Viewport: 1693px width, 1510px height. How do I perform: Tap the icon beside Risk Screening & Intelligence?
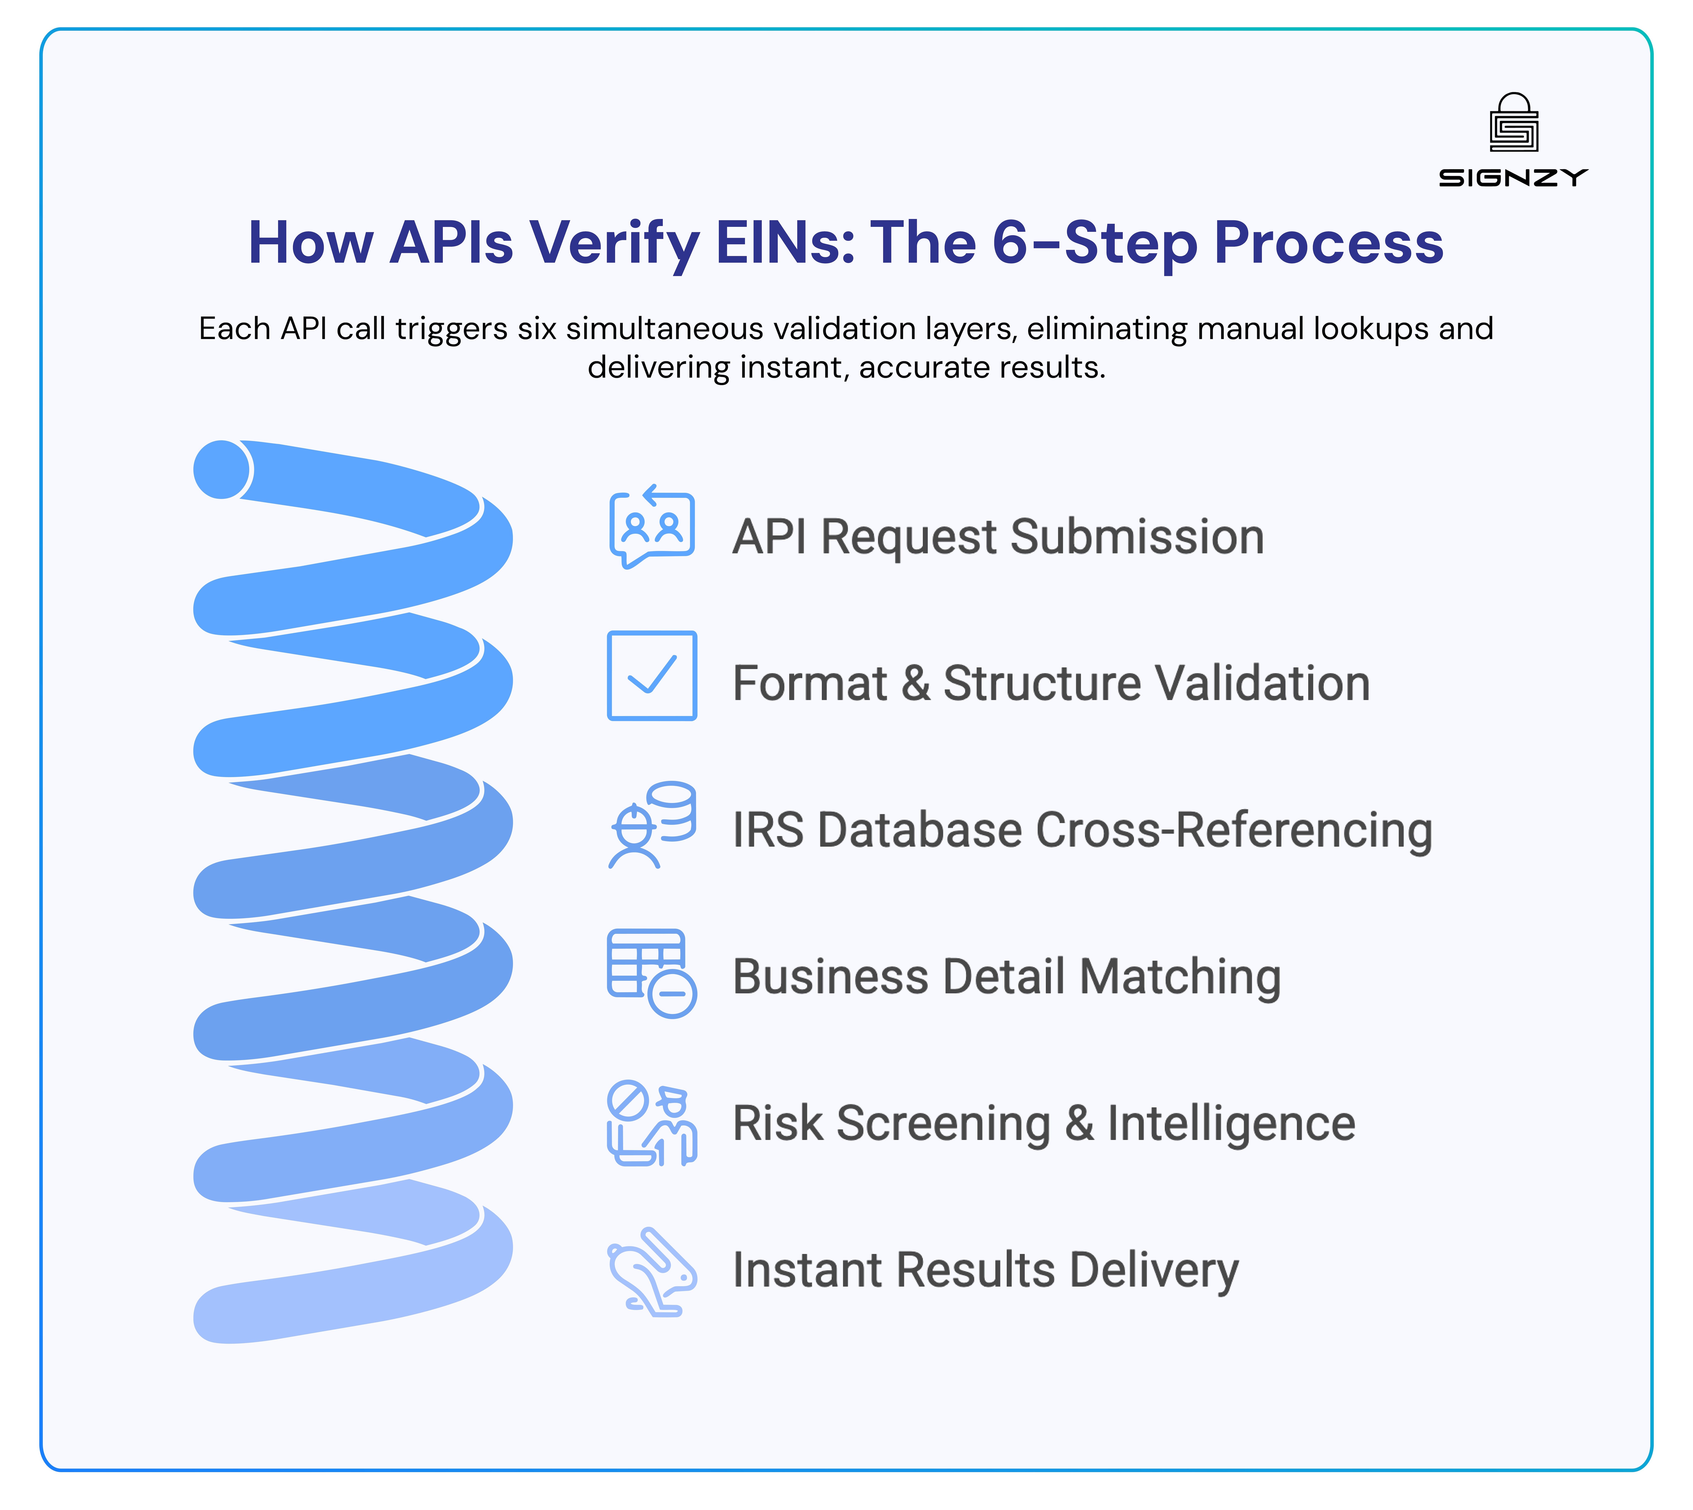tap(651, 1123)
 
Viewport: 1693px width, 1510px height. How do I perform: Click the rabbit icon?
tap(651, 1271)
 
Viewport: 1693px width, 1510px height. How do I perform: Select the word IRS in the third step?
tap(768, 830)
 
